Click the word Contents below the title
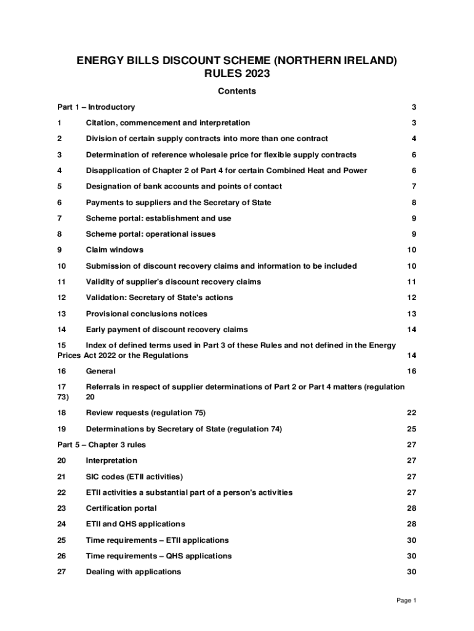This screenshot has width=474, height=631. coord(237,91)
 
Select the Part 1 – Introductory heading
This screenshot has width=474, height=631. coord(96,107)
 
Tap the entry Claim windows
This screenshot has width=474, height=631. coord(114,250)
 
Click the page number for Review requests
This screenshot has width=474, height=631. coord(411,412)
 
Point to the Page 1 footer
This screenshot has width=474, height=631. coord(407,601)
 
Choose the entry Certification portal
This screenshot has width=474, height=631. coord(121,508)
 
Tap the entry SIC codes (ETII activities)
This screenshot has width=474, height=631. coord(134,476)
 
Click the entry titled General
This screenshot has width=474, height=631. coord(100,371)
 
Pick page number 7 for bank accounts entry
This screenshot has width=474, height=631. coord(414,186)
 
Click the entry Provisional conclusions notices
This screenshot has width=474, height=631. coord(147,314)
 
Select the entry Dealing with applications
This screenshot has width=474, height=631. coord(134,572)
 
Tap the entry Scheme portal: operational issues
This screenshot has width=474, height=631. coord(151,234)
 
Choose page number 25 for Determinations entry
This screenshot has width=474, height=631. coord(411,428)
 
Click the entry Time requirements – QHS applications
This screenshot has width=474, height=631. coord(159,556)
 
